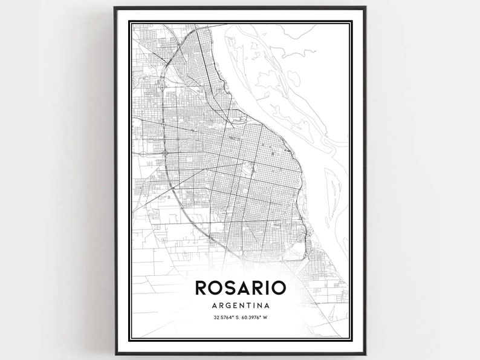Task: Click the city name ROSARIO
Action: point(240,287)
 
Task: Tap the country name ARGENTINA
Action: point(240,306)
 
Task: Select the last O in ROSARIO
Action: point(279,287)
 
